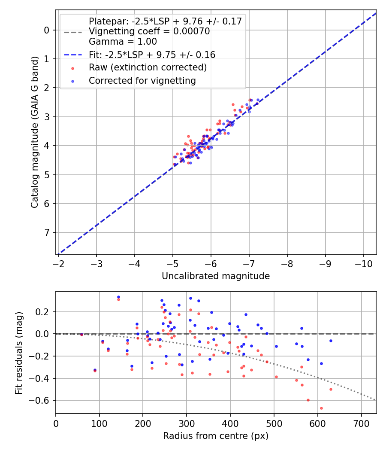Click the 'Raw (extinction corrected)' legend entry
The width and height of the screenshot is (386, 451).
(x=148, y=68)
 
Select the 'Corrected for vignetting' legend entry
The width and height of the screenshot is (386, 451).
(x=142, y=81)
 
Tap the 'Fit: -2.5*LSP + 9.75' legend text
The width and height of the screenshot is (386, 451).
(x=152, y=55)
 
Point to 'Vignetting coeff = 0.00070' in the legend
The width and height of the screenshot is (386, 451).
(x=149, y=32)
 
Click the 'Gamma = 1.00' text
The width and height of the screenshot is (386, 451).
(x=123, y=42)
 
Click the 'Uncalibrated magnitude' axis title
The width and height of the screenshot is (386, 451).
(x=216, y=276)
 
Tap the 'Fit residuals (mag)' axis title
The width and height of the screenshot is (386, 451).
(x=18, y=353)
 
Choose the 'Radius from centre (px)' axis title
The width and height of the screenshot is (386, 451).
(x=216, y=436)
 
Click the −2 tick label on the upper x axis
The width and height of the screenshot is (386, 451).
(x=59, y=263)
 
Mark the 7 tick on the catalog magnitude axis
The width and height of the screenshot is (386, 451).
(x=47, y=232)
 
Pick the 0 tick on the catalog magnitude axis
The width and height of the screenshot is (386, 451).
(x=47, y=30)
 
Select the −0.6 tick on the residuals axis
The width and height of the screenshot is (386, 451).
(x=42, y=401)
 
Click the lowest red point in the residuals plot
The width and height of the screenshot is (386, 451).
(x=321, y=408)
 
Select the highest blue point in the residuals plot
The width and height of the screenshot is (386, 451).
(x=118, y=297)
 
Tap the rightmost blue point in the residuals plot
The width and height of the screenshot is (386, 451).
(x=331, y=341)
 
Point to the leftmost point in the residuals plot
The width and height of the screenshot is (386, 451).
(x=81, y=334)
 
